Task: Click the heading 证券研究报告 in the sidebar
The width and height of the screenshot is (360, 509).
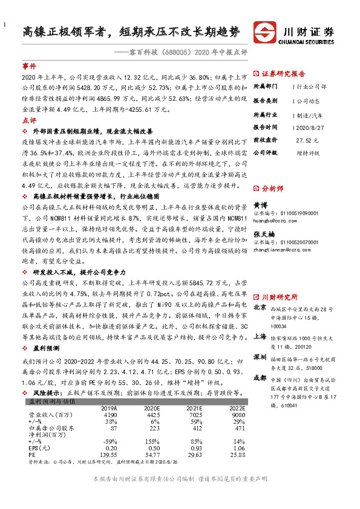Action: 284,74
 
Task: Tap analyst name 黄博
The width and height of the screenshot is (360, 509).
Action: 260,206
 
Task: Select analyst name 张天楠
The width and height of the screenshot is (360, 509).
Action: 263,234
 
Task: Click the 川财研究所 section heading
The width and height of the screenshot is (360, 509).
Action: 280,297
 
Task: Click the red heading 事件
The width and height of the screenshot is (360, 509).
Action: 29,65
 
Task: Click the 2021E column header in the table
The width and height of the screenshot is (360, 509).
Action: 195,408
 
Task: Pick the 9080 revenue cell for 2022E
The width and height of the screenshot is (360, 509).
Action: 237,415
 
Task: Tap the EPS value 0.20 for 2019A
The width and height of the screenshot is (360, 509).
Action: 110,448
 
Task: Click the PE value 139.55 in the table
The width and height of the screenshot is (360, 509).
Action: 108,454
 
